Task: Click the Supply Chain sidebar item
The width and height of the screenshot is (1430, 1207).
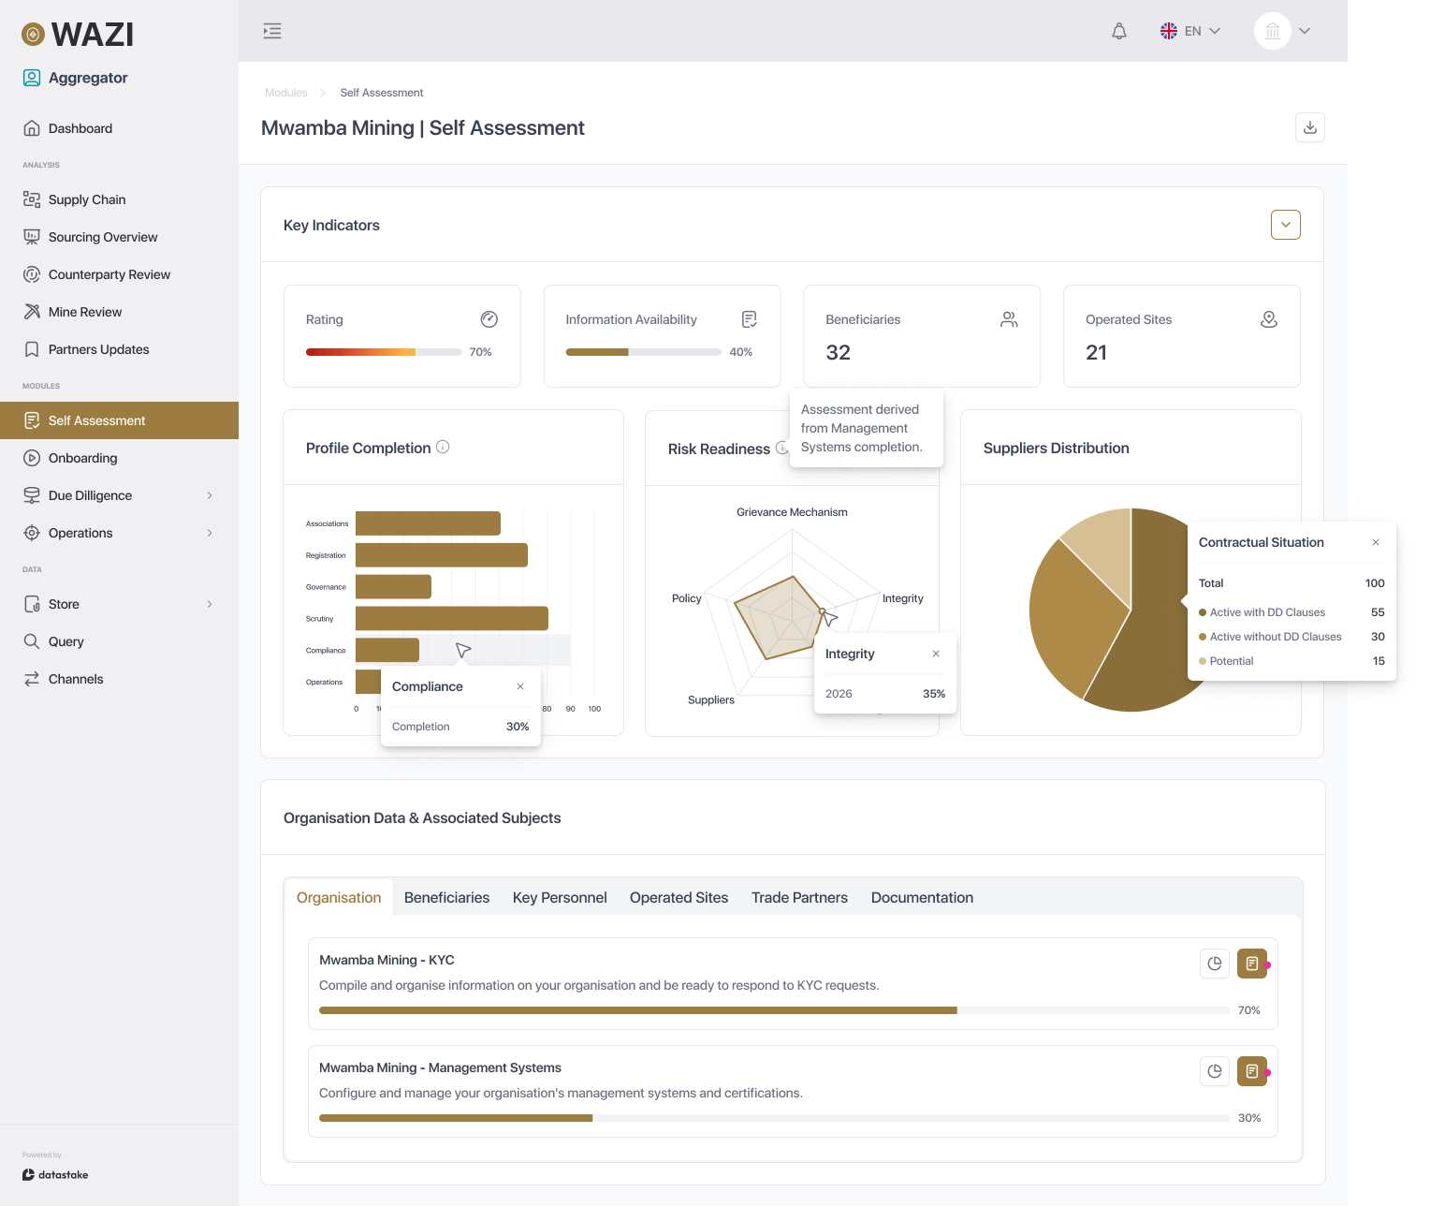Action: [86, 199]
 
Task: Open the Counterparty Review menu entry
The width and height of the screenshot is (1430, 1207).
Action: [109, 274]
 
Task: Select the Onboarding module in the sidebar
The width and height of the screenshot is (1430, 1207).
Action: [82, 458]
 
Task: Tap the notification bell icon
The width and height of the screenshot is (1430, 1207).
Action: [1118, 31]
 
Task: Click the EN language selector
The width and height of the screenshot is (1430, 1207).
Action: [1190, 31]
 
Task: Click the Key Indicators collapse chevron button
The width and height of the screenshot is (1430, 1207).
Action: [1285, 225]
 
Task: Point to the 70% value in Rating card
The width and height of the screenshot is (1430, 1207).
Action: [480, 352]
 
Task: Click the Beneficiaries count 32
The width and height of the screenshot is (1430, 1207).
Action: [838, 353]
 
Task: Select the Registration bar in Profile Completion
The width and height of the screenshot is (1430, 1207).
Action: [441, 555]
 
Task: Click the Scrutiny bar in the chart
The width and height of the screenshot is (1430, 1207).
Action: [451, 619]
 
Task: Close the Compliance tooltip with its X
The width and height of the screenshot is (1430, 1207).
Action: [520, 686]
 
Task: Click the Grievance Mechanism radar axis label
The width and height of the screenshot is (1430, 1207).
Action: [792, 512]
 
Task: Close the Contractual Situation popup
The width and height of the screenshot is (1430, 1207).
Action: [1375, 542]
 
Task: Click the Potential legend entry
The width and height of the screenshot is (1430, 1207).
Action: [1231, 661]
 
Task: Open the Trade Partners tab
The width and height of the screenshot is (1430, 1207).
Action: [799, 897]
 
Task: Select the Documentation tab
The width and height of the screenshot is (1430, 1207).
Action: [922, 897]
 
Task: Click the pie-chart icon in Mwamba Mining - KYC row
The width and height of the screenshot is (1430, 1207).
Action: [1214, 964]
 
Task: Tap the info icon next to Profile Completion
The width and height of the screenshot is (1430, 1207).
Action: [443, 448]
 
